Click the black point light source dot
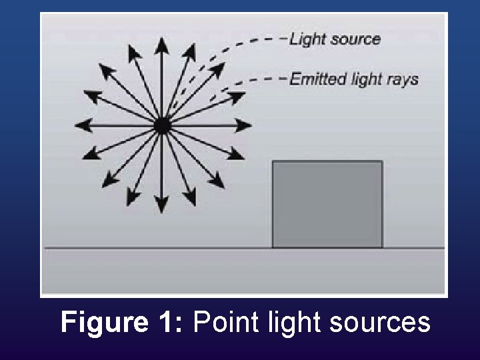tap(162, 125)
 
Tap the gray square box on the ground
tap(327, 205)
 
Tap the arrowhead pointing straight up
tap(161, 44)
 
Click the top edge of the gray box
tap(327, 161)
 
